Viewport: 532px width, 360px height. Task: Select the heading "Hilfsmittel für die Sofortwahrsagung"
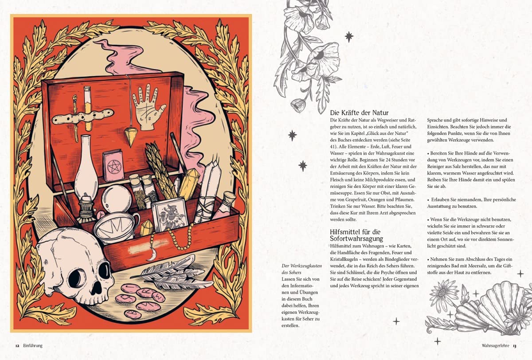pos(356,235)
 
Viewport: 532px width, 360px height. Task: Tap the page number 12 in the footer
pos(17,346)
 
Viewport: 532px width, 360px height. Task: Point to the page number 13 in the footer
pos(514,346)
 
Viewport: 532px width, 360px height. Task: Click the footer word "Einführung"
pos(33,346)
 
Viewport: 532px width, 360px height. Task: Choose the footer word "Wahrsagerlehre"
pos(496,346)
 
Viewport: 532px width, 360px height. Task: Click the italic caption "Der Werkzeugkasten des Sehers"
pos(301,269)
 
